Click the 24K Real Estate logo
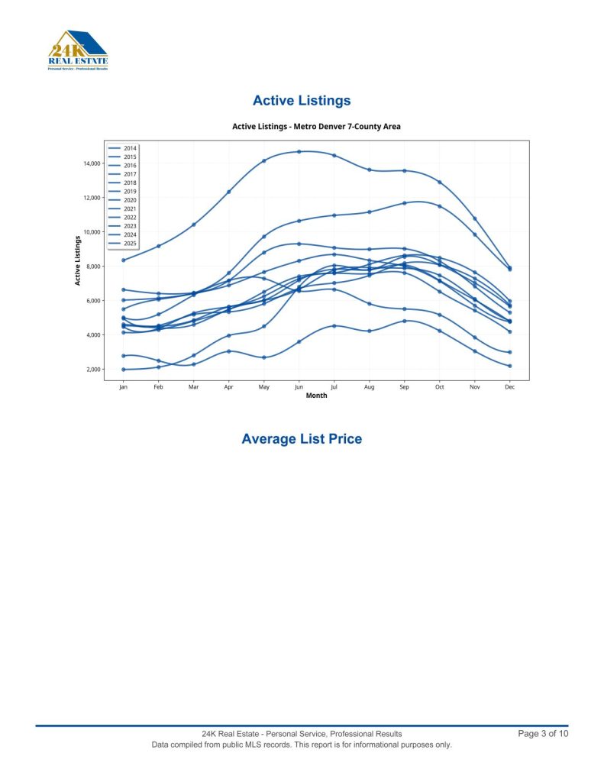pos(77,50)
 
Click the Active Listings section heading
pos(302,101)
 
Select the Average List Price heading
pos(302,439)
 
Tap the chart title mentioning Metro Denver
pos(316,126)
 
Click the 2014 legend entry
pos(130,148)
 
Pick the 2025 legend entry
pos(130,244)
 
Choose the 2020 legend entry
pos(130,200)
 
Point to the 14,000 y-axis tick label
pos(91,163)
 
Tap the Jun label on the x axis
pos(299,387)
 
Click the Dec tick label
pos(509,387)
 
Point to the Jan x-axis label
pos(123,387)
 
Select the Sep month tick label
pos(404,387)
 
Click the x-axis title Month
pos(316,396)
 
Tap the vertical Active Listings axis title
pos(77,260)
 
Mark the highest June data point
pos(299,151)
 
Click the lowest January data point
pos(123,370)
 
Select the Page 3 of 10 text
pos(543,734)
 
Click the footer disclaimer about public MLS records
pos(302,745)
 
